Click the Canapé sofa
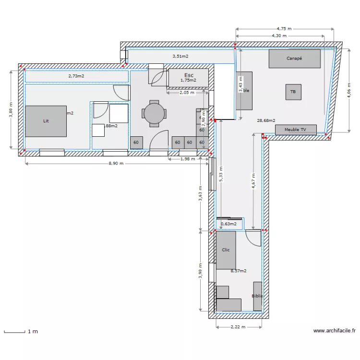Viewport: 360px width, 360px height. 294,59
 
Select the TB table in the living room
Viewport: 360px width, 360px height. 293,92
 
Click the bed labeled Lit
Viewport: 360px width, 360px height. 46,121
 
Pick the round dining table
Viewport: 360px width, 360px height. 154,114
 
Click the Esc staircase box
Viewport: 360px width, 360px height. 188,78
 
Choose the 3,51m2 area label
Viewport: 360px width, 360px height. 180,56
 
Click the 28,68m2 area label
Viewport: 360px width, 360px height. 266,120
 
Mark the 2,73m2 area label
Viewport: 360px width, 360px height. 76,76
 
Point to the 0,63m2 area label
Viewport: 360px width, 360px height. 228,223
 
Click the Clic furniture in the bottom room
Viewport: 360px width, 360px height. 226,250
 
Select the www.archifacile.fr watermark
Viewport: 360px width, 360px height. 334,331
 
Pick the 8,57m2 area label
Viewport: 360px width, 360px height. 238,271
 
